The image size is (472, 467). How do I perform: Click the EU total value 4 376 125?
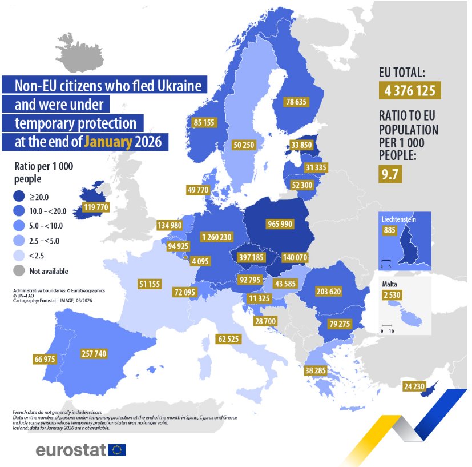click(410, 91)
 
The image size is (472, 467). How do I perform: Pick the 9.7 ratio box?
click(390, 174)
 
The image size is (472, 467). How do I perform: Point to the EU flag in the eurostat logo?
click(116, 450)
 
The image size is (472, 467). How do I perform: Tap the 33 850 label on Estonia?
click(301, 145)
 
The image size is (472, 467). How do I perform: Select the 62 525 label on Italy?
click(228, 338)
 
